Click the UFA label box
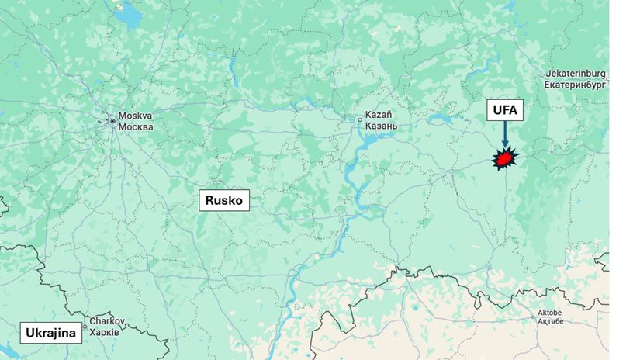pyautogui.click(x=504, y=110)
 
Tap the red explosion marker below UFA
pyautogui.click(x=504, y=159)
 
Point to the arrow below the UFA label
pyautogui.click(x=504, y=135)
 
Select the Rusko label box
pyautogui.click(x=224, y=200)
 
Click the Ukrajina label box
pyautogui.click(x=51, y=334)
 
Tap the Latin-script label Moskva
pyautogui.click(x=134, y=116)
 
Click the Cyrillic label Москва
pyautogui.click(x=135, y=126)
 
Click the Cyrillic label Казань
pyautogui.click(x=381, y=126)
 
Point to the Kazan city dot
pyautogui.click(x=359, y=119)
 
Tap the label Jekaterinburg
pyautogui.click(x=576, y=73)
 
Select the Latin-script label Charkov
pyautogui.click(x=107, y=320)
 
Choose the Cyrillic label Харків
pyautogui.click(x=105, y=331)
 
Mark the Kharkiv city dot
pyautogui.click(x=85, y=327)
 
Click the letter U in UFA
pyautogui.click(x=496, y=110)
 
